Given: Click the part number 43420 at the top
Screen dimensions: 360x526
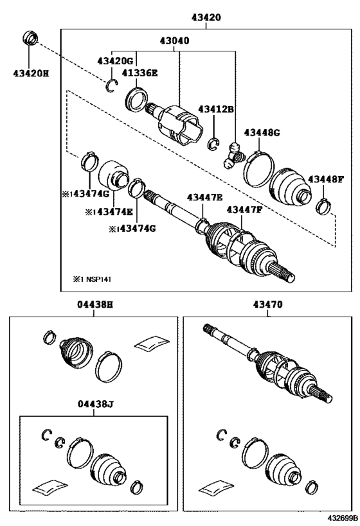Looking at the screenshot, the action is click(x=206, y=17).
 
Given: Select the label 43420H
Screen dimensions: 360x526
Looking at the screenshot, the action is click(x=31, y=73).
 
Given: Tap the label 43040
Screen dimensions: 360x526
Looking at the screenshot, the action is click(x=174, y=40).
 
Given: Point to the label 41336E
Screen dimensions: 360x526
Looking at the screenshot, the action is click(x=139, y=73).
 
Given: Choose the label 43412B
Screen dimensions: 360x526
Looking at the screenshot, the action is click(x=216, y=109).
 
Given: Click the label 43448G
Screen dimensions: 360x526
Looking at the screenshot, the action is click(x=262, y=132).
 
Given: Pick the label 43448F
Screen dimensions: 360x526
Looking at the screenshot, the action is click(x=326, y=179).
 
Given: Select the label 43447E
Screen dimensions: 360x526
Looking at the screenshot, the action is click(x=205, y=197).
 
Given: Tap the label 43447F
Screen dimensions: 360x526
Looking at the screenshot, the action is click(x=244, y=209).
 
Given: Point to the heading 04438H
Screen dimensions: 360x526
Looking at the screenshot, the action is click(x=95, y=304).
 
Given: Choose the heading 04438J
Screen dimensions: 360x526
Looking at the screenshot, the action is click(x=95, y=404).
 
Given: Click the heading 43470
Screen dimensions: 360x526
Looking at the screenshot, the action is click(x=267, y=304).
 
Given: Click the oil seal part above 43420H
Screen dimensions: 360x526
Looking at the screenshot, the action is click(x=30, y=37).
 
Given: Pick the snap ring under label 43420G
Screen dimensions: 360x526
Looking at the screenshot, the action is click(x=111, y=85).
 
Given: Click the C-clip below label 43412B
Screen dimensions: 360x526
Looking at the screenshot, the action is click(x=213, y=144).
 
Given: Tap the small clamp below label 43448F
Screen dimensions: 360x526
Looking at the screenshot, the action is click(x=323, y=206).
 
